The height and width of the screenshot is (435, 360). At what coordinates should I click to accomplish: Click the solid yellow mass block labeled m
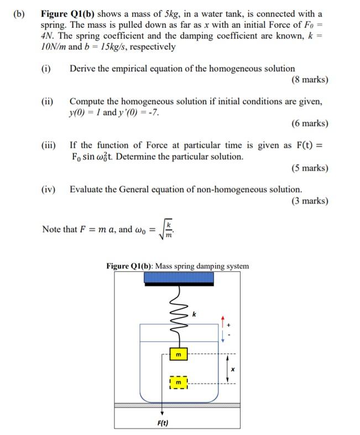point(178,354)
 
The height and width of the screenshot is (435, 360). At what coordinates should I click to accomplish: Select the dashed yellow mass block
point(178,382)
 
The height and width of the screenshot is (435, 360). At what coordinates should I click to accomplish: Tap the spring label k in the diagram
point(195,314)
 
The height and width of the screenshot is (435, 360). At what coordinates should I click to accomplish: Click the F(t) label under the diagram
point(163,423)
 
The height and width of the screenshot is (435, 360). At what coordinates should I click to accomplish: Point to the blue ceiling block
point(179,277)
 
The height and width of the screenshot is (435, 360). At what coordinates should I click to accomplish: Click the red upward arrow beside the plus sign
point(222,322)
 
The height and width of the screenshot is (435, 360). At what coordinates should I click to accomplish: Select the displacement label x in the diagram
point(233,369)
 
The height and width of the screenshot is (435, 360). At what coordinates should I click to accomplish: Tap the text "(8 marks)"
point(309,80)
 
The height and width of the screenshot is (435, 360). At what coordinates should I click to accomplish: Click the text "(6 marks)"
point(309,123)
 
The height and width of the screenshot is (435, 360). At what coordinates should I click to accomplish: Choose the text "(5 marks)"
point(309,168)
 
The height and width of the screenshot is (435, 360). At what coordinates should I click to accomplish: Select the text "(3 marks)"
point(309,201)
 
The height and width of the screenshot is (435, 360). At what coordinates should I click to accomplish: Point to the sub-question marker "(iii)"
point(49,146)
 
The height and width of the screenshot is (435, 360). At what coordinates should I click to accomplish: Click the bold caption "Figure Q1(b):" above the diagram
point(130,266)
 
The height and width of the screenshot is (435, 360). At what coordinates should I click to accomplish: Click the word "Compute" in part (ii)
point(88,102)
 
